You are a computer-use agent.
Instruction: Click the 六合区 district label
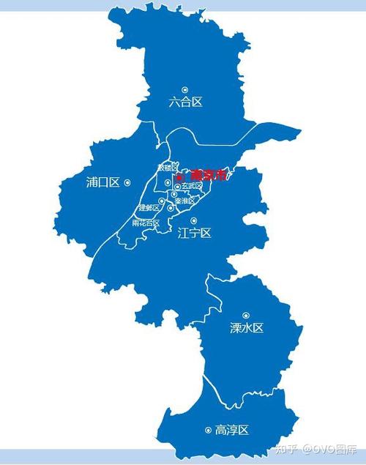[185, 103]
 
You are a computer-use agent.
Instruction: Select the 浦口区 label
[102, 182]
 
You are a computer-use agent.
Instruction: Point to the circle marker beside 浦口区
[127, 182]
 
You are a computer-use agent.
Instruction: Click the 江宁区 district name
[194, 234]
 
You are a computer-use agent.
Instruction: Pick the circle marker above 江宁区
[194, 220]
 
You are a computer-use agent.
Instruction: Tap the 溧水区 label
[246, 328]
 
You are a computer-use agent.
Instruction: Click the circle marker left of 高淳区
[209, 430]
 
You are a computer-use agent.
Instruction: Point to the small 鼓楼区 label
[168, 168]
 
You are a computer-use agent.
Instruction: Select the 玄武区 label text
[192, 186]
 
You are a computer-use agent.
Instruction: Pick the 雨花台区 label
[146, 223]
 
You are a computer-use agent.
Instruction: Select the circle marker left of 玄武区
[177, 187]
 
